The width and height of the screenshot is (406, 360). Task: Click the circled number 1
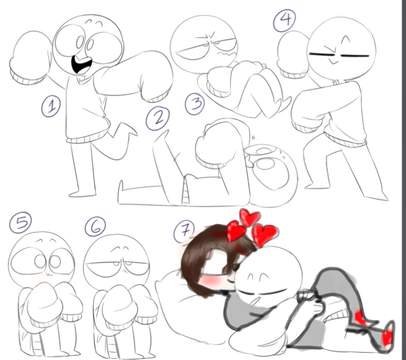51,106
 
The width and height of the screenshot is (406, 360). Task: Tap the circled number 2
158,118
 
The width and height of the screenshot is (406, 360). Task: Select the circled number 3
195,104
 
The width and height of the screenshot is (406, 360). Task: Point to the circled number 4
285,20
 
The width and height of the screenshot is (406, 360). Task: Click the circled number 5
21,223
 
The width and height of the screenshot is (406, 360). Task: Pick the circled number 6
95,226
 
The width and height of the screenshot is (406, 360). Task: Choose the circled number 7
184,231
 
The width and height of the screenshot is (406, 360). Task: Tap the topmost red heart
249,217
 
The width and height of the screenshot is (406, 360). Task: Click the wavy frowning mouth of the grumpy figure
226,54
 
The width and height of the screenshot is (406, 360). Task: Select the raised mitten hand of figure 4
293,55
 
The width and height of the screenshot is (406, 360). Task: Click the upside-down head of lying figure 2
272,175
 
